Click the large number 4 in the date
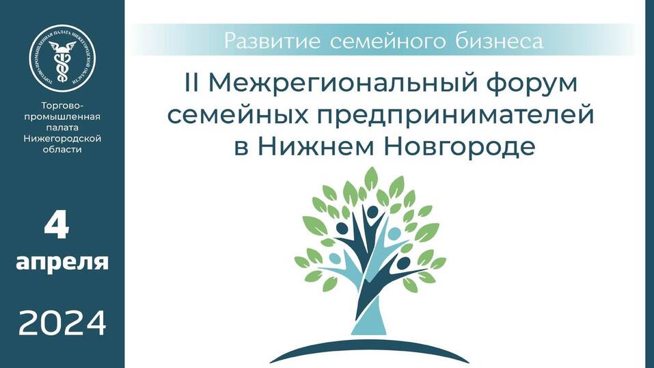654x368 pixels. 57,226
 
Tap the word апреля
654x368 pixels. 62,262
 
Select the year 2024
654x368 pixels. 62,322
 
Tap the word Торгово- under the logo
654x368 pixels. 62,105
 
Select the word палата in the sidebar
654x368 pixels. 62,127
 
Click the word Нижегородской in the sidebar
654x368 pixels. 62,138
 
